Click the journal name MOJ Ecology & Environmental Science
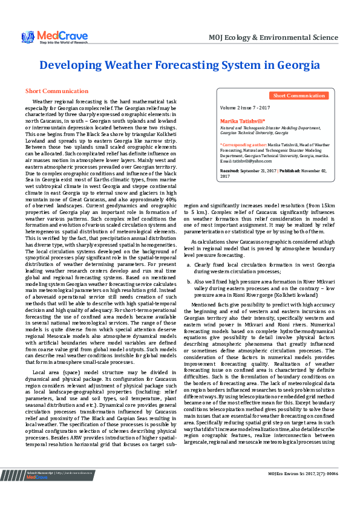(272, 37)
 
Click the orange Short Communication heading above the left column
(57, 91)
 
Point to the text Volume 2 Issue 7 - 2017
(245, 107)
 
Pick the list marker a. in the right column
(189, 265)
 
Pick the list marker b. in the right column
(189, 281)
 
